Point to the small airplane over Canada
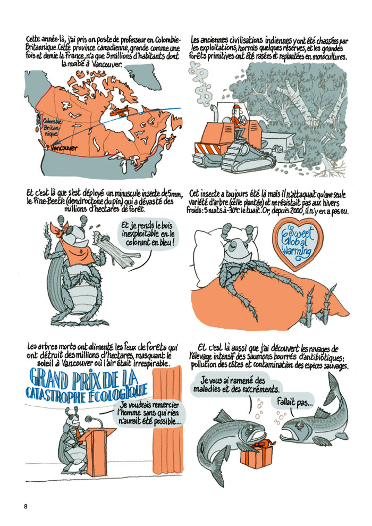coord(121,113)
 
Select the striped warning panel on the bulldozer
coord(206,147)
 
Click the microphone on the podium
coord(88,419)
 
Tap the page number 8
coord(26,506)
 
